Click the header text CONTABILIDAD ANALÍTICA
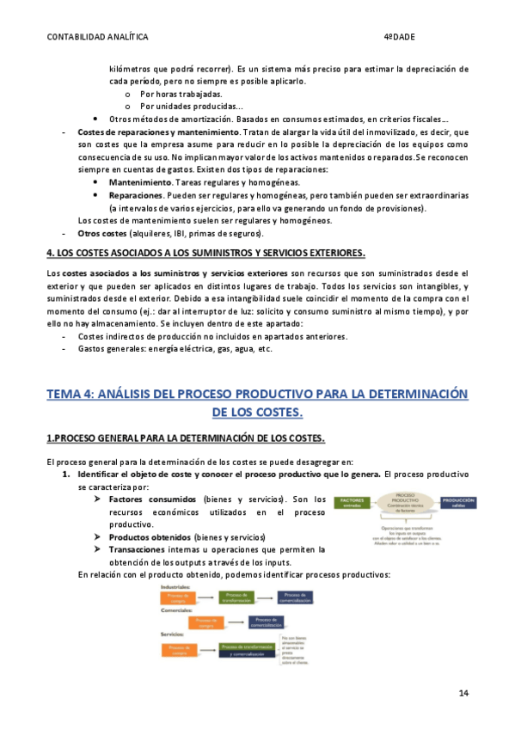(96, 38)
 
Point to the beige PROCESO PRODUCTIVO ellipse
(408, 502)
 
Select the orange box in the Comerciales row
(205, 621)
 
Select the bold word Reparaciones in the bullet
(136, 196)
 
